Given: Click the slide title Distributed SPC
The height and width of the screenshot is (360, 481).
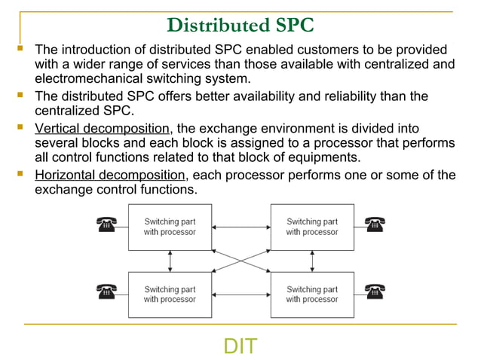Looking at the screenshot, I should pyautogui.click(x=240, y=24).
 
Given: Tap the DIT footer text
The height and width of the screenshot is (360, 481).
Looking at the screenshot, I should pyautogui.click(x=240, y=346).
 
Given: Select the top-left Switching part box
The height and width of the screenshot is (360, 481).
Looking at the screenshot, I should pyautogui.click(x=170, y=227).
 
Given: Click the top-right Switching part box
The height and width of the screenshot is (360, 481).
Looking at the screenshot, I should pyautogui.click(x=312, y=227).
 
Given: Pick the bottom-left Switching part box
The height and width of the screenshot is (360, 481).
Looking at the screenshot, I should pyautogui.click(x=170, y=294).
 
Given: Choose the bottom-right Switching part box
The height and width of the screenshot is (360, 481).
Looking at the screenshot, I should pyautogui.click(x=312, y=294).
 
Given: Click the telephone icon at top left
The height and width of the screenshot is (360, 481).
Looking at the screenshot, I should pyautogui.click(x=106, y=224).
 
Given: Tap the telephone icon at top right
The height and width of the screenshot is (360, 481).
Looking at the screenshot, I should pyautogui.click(x=374, y=224).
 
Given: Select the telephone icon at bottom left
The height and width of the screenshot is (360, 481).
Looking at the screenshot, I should pyautogui.click(x=106, y=291).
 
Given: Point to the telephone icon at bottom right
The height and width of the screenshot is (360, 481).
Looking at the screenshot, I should pyautogui.click(x=374, y=291).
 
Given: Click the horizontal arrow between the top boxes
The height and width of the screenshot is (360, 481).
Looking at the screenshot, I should pyautogui.click(x=240, y=227).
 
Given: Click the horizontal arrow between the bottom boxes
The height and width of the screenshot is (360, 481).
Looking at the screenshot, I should pyautogui.click(x=240, y=294).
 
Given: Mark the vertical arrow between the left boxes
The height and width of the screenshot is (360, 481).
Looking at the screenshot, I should pyautogui.click(x=170, y=261).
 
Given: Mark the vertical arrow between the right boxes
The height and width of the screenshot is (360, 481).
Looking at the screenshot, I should pyautogui.click(x=312, y=261).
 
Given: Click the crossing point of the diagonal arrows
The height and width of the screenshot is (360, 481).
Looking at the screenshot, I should pyautogui.click(x=240, y=261).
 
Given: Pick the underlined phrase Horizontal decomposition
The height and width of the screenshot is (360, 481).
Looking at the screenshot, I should pyautogui.click(x=110, y=175).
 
